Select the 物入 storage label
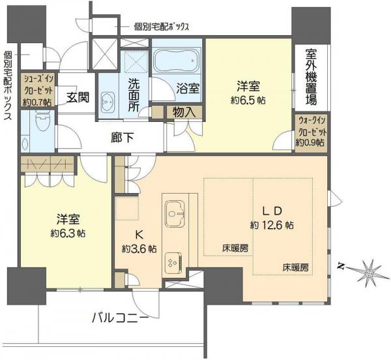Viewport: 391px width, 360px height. [x=184, y=112]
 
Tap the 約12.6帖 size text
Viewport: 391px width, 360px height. [x=272, y=225]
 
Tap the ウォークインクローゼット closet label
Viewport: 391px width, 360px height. [x=311, y=130]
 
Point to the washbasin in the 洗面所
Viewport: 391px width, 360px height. [x=108, y=102]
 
